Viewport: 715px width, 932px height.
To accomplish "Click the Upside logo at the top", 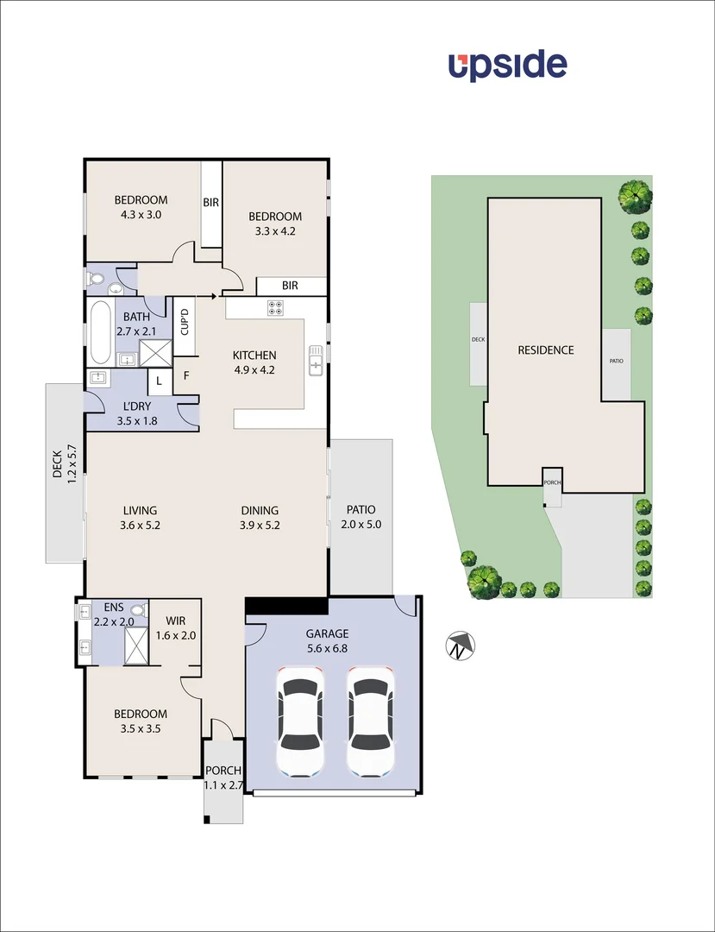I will pos(507,66).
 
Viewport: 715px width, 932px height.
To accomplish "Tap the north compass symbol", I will pos(461,645).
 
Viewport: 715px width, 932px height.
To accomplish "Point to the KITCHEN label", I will pos(254,355).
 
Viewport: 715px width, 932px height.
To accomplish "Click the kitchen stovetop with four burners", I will pos(276,307).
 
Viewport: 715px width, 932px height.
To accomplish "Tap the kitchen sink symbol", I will pos(317,361).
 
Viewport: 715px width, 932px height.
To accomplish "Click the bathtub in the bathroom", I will pos(99,333).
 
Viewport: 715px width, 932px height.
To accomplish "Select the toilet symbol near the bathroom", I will pos(96,279).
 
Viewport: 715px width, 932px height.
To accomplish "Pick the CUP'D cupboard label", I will pos(184,323).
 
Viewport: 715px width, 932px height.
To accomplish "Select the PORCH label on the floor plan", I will pos(223,771).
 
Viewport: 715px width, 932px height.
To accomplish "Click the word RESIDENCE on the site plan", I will pos(545,349).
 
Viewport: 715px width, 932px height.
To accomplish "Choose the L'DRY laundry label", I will pos(138,406).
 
